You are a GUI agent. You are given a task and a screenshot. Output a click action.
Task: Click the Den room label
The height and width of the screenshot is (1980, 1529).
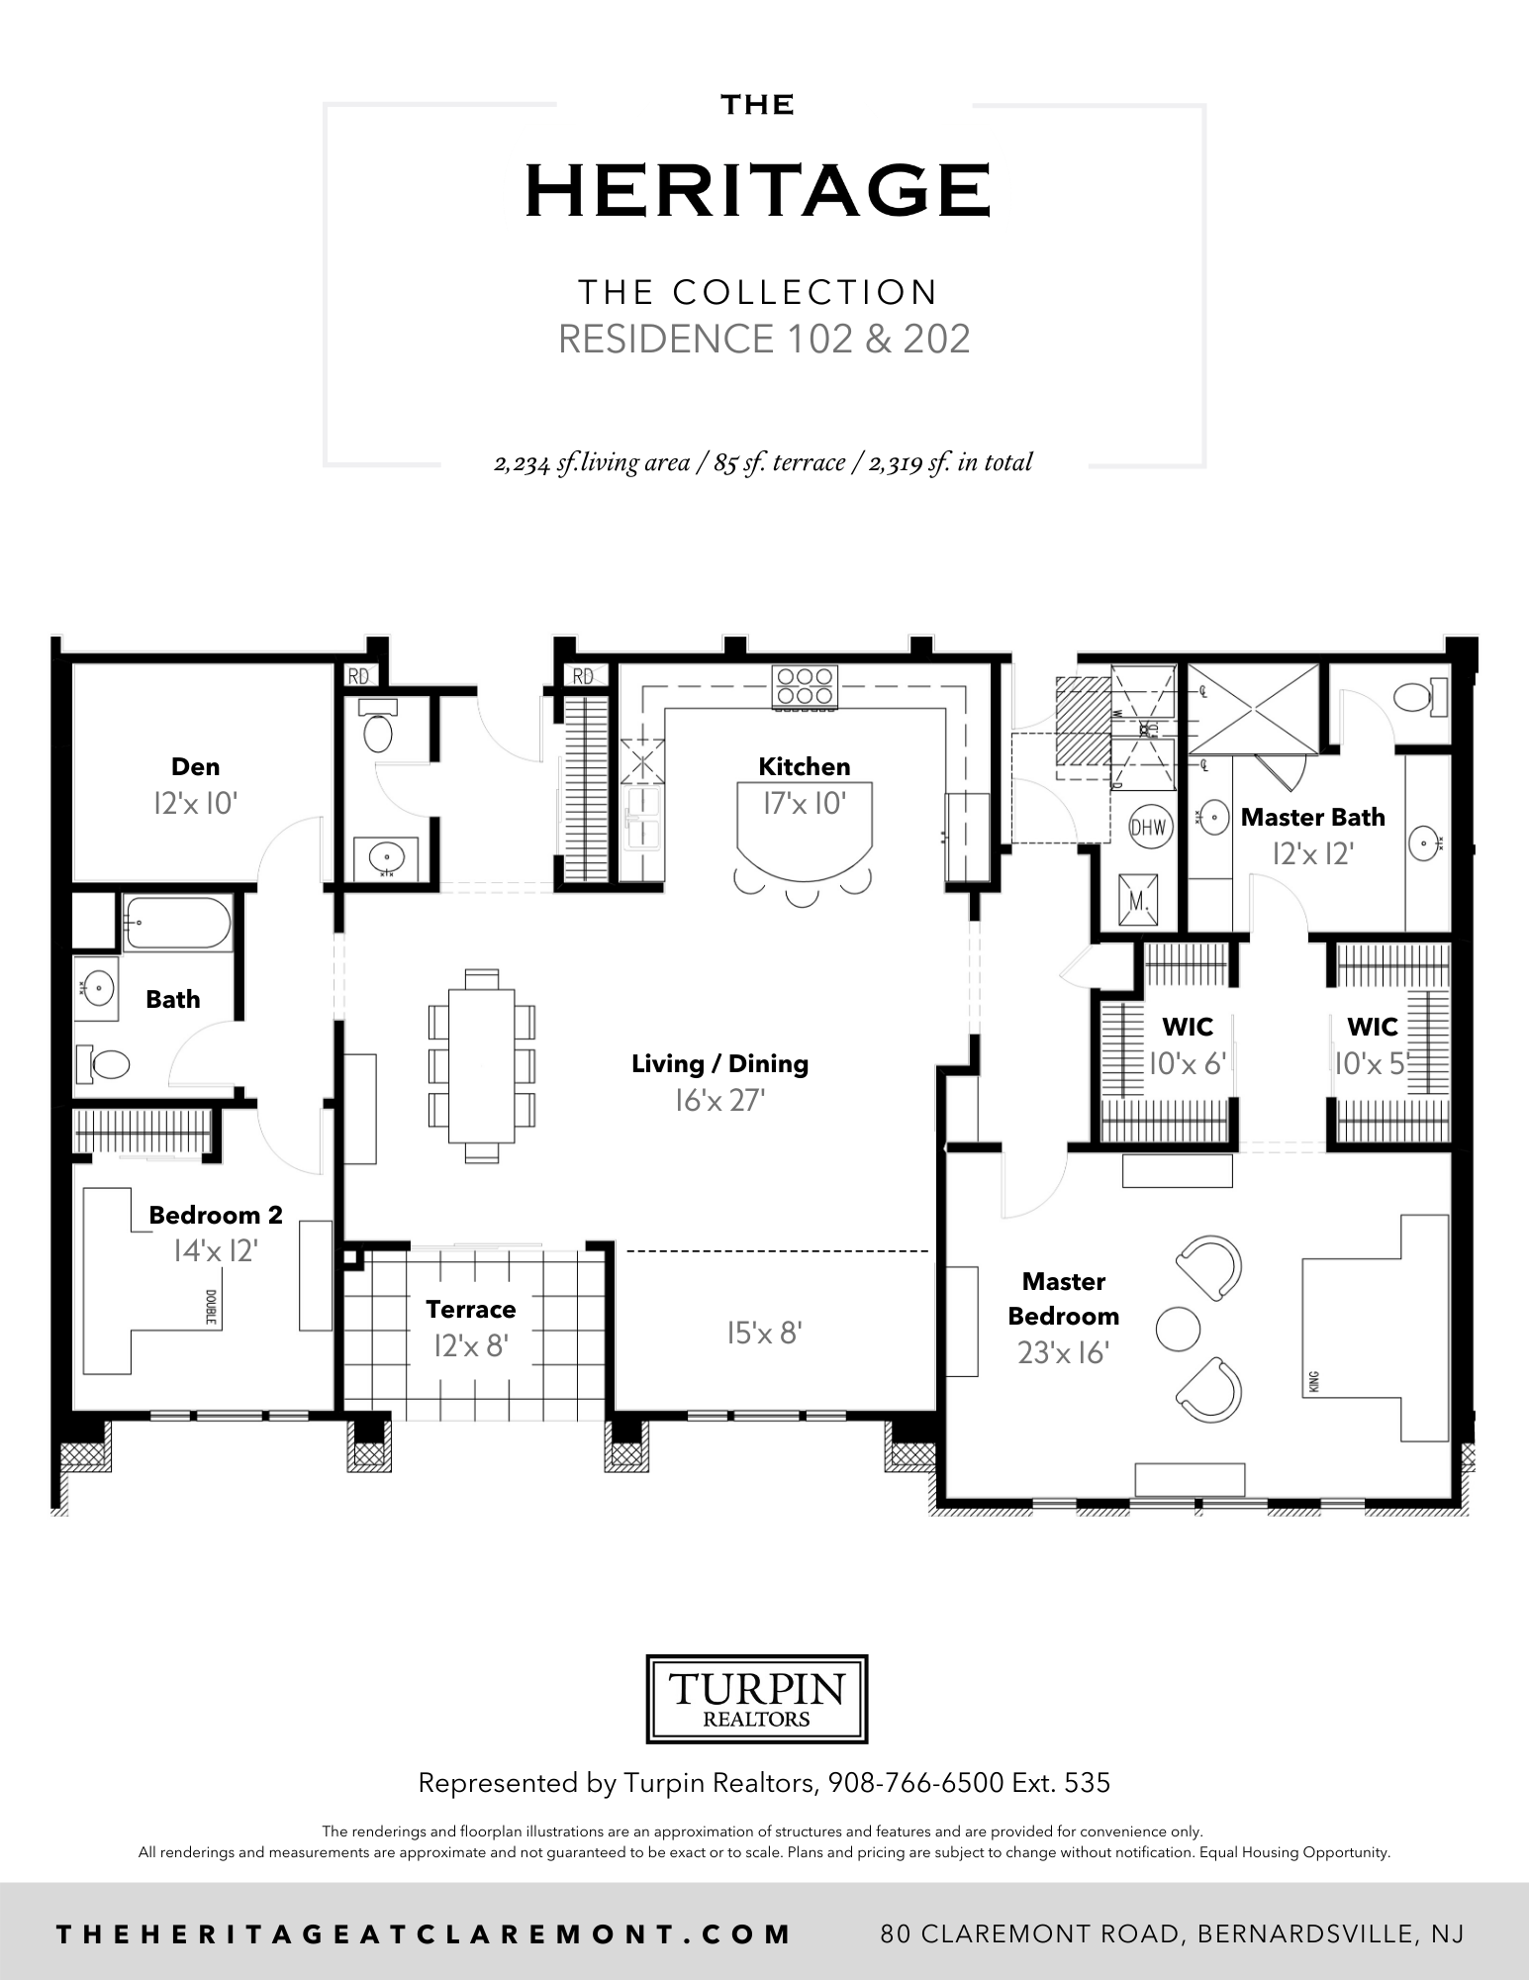click(195, 766)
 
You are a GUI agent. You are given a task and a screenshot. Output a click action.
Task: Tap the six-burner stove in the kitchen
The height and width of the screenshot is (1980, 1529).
click(805, 686)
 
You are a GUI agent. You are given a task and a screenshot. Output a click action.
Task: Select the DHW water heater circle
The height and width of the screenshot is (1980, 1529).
click(1148, 828)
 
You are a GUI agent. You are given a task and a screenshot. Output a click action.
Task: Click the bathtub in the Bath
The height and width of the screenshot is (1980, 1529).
click(177, 923)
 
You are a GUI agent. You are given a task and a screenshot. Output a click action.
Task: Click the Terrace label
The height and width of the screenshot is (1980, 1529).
click(471, 1309)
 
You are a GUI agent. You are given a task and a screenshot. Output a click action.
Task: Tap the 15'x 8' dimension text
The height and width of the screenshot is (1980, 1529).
click(764, 1333)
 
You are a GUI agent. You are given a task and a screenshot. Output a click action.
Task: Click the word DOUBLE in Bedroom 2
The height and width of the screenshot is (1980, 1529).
click(211, 1306)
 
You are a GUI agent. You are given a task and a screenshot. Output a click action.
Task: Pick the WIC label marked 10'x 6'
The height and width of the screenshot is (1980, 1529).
click(1188, 1028)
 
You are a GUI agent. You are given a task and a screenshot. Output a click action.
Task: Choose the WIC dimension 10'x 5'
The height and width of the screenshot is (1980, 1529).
click(1371, 1064)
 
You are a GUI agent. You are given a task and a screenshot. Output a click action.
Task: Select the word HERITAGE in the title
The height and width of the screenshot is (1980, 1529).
click(758, 191)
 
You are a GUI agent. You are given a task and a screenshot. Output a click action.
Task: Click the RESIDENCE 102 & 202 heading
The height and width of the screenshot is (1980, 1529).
click(764, 339)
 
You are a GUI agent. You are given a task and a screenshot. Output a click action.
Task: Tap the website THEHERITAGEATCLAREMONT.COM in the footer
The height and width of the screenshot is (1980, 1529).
click(425, 1933)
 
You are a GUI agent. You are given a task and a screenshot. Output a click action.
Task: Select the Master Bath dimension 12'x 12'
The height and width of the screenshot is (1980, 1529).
click(1312, 853)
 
